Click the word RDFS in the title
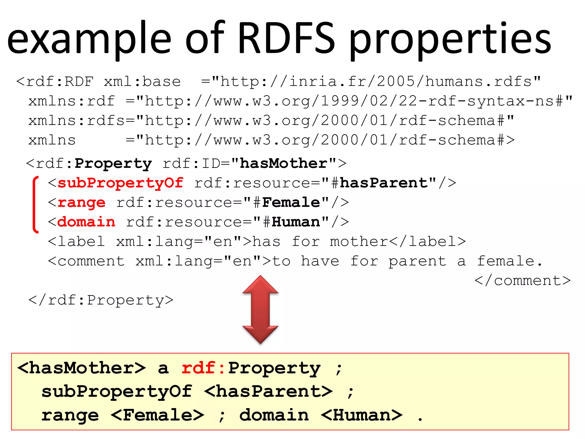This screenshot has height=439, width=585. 286,38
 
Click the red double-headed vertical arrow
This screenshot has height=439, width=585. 260,310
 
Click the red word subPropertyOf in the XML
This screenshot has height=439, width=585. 120,183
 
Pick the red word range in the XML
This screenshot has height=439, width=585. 81,203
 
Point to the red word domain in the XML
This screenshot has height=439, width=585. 86,222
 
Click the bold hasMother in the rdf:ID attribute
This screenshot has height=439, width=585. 283,163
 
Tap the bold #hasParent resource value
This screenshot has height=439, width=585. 383,183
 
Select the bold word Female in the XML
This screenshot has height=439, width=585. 291,203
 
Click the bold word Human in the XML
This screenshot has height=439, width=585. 296,222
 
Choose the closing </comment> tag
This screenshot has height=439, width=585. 522,281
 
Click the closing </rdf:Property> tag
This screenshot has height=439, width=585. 101,300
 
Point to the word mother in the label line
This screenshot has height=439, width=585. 359,242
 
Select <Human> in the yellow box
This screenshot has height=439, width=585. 362,415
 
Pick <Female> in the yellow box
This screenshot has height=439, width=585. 157,415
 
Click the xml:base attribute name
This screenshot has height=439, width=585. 142,82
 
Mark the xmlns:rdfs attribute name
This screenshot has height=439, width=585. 77,121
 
